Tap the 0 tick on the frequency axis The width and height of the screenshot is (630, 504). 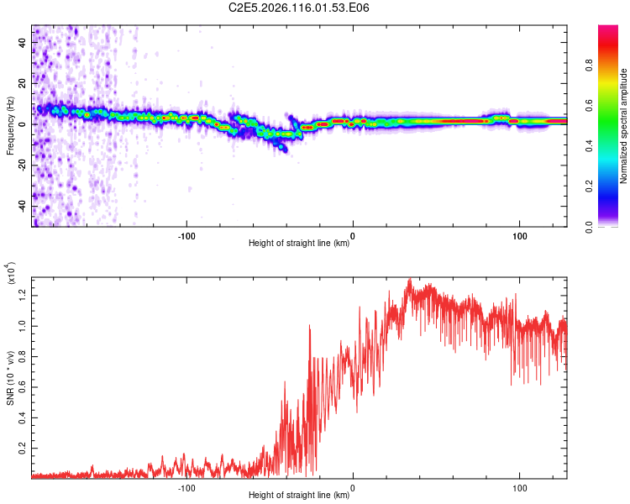(25, 123)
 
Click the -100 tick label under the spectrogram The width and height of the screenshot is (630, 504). (186, 235)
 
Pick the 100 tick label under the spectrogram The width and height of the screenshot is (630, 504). (519, 235)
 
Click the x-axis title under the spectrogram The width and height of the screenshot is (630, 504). (299, 244)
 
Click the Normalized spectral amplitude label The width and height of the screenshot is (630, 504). (625, 126)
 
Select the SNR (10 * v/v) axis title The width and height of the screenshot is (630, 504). (10, 374)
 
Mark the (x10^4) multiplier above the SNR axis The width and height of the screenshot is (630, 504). (10, 274)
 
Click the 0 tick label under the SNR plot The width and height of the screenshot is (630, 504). (353, 486)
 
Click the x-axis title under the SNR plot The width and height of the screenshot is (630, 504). (299, 495)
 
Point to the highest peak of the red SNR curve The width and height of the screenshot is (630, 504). (409, 279)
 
